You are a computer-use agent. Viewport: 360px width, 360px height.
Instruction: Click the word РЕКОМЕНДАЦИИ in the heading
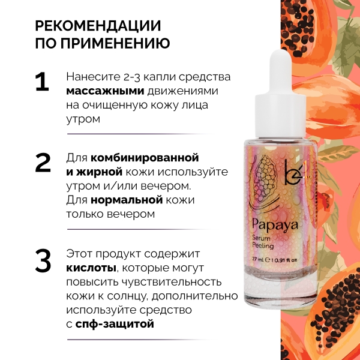98,26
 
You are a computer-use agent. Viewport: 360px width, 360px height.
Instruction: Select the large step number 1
43,82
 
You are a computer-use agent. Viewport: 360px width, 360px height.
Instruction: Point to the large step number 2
43,163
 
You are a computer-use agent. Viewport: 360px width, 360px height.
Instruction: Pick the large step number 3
43,260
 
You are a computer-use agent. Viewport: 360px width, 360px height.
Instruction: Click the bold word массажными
105,91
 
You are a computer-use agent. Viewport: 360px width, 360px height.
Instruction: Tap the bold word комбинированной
145,158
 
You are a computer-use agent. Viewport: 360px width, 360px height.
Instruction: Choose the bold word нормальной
127,200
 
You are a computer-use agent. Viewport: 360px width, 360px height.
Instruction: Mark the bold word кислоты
91,268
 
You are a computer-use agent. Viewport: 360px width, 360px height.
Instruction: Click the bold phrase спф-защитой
115,324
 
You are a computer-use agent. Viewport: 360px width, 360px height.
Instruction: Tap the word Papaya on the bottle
275,225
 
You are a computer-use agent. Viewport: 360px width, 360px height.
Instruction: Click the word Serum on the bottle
261,238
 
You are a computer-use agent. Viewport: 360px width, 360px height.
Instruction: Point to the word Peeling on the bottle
263,245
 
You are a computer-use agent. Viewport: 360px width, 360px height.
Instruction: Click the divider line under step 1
140,134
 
